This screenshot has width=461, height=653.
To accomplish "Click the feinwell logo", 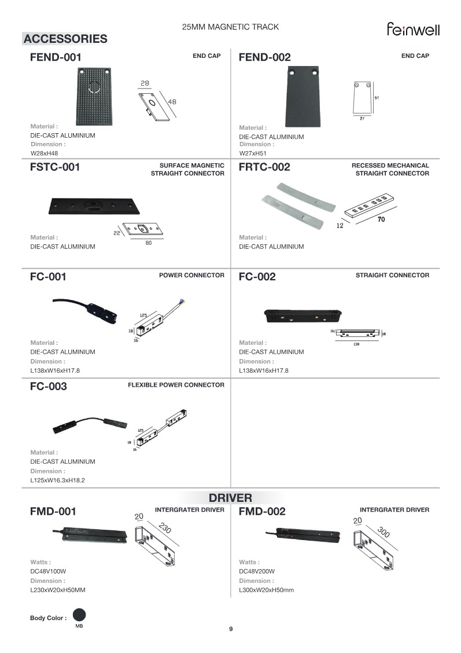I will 413,29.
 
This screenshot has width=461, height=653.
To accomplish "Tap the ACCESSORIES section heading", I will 65,39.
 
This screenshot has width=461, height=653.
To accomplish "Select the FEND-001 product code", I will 56,57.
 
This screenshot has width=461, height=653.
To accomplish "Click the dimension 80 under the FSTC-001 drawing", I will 148,243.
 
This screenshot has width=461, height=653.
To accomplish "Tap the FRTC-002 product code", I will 264,167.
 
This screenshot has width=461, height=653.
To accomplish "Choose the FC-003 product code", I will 49,387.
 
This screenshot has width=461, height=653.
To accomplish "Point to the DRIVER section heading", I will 230,498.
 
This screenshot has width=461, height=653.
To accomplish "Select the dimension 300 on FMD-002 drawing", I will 383,531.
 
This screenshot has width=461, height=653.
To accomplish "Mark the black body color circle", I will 79,615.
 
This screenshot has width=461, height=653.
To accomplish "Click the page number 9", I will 231,629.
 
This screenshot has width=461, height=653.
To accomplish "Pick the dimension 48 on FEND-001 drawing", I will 172,102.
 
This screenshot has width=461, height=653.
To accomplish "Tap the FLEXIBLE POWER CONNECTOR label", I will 176,384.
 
